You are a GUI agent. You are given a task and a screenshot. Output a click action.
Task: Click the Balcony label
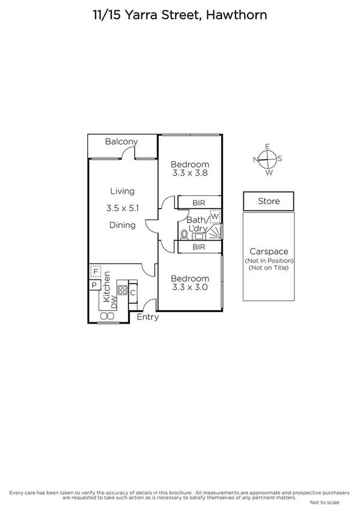coord(121,142)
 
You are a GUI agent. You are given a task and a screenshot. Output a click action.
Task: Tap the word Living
coord(122,191)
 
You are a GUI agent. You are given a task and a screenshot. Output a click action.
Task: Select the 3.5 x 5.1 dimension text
coord(122,208)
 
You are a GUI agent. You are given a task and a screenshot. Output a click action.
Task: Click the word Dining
coord(122,226)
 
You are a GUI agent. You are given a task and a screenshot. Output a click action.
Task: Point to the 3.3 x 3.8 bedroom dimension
coord(189,173)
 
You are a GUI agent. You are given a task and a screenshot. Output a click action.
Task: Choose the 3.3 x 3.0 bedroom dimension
coord(189,287)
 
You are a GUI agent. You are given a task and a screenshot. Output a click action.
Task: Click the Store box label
coord(269,201)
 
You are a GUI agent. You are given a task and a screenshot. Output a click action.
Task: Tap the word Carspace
coord(269,252)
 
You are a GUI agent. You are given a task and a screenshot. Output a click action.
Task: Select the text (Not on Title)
coord(269,268)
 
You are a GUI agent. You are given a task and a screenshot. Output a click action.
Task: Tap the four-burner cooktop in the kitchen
coord(123,292)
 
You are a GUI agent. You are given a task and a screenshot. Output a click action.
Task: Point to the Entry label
coord(148,318)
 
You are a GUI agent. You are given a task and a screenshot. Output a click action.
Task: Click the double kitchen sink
coord(108,316)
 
